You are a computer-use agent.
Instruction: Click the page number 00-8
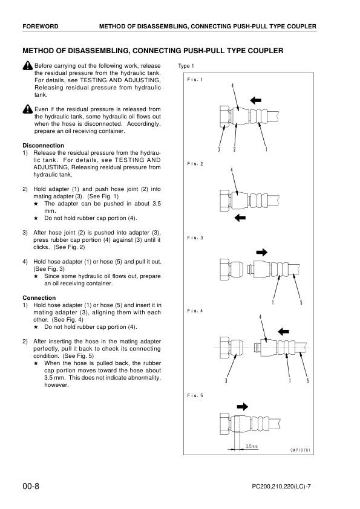pos(31,486)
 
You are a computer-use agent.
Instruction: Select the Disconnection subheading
pos(43,145)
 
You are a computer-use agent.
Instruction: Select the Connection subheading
pos(39,298)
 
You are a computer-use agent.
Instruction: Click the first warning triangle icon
pos(27,66)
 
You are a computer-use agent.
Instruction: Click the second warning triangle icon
pos(27,109)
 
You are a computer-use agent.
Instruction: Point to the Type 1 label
pos(186,66)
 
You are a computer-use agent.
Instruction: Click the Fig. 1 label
pos(195,79)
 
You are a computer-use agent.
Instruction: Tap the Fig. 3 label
pos(195,238)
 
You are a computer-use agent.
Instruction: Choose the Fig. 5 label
pos(195,395)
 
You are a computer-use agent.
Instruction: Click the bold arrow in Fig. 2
pos(240,216)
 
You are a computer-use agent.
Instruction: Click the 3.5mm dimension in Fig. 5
pos(251,447)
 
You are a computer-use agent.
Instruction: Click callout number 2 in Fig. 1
pos(234,149)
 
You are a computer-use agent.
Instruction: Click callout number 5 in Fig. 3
pos(301,302)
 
